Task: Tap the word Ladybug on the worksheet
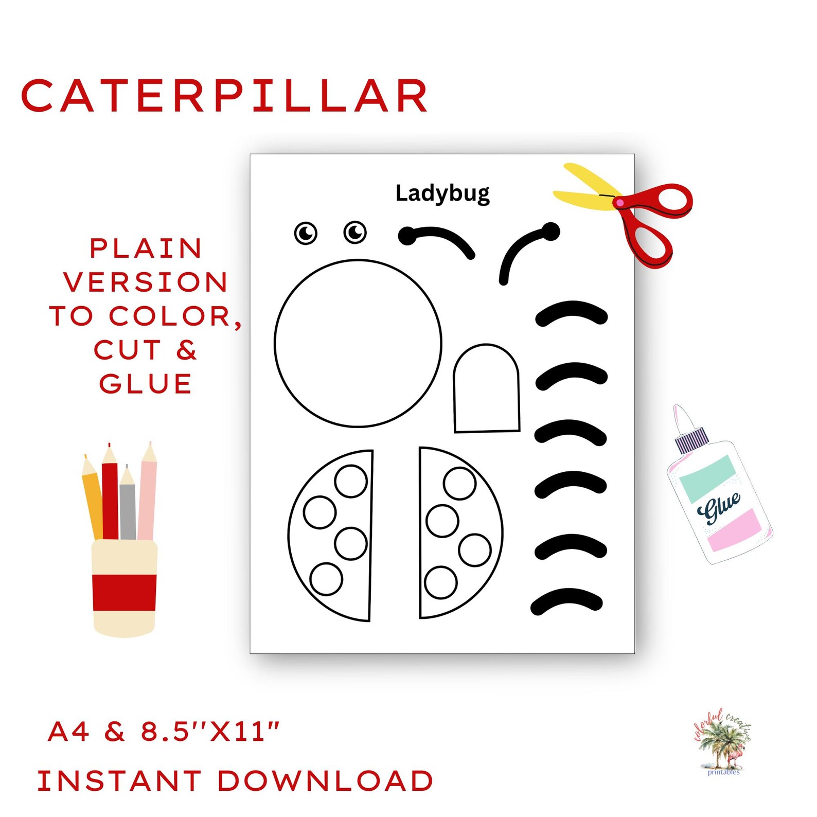(442, 193)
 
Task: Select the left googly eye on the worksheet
(306, 233)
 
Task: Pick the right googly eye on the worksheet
(355, 232)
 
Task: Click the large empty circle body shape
(358, 343)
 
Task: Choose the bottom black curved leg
(566, 600)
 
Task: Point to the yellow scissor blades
(587, 190)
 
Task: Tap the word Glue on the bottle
(719, 507)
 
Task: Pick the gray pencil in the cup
(128, 509)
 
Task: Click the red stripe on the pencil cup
(125, 593)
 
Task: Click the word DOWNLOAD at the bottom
(325, 781)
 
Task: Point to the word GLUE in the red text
(146, 384)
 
